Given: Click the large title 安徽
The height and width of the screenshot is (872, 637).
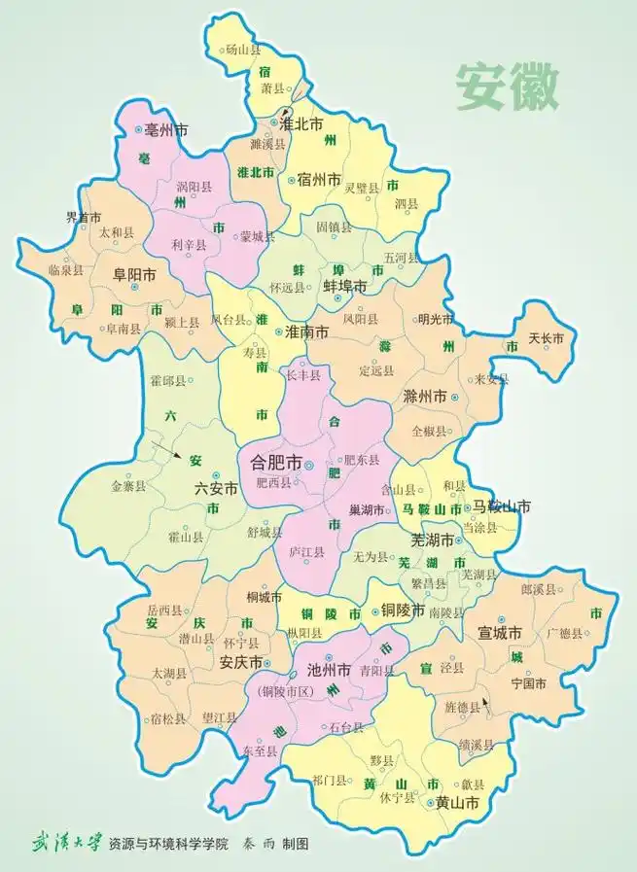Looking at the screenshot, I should click(x=509, y=88).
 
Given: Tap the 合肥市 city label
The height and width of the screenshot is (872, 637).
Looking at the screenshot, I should click(x=276, y=464).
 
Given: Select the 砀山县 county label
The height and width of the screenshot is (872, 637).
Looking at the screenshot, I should click(x=242, y=50).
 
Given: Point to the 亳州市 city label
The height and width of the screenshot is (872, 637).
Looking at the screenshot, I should click(x=165, y=128).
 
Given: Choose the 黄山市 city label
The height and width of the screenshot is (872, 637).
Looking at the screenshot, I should click(x=457, y=803).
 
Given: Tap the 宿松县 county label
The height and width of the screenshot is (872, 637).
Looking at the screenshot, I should click(x=169, y=719).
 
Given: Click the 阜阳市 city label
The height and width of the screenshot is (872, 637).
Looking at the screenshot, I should click(x=135, y=275).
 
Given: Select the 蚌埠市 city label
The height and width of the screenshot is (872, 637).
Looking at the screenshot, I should click(x=344, y=287).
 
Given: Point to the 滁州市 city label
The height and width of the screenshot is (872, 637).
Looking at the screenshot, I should click(x=424, y=397).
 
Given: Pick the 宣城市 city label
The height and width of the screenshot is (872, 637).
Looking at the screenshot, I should click(x=500, y=633).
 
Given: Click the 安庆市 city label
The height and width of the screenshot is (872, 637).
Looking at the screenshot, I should click(x=241, y=663).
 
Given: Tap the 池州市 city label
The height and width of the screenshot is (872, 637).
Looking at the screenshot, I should click(x=329, y=669).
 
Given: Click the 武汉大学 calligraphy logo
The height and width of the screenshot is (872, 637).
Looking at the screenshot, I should click(x=65, y=841).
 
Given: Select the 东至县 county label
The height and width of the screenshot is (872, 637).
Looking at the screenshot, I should click(x=260, y=751).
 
